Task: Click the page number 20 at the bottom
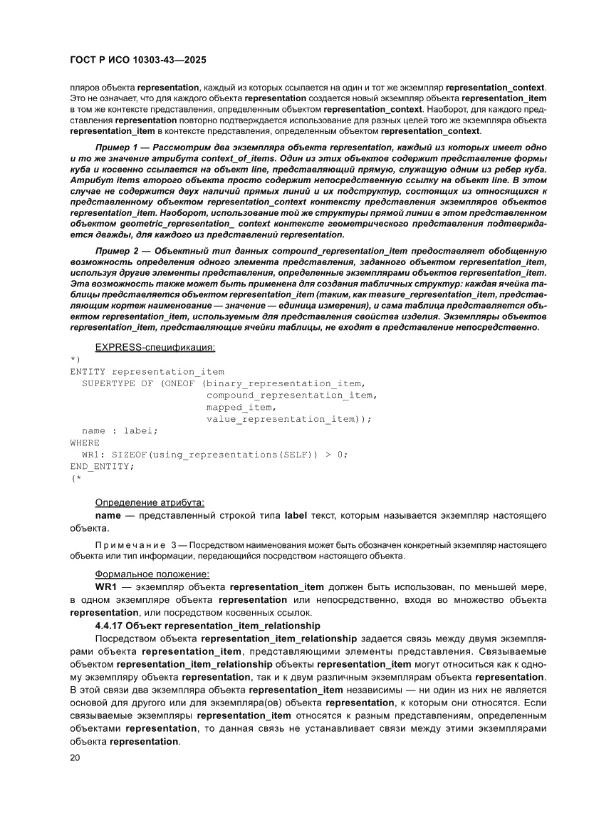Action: [x=75, y=757]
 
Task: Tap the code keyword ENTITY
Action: [x=88, y=371]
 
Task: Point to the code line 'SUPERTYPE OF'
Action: [x=118, y=383]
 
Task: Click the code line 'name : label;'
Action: [x=120, y=430]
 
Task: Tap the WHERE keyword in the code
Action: [x=85, y=443]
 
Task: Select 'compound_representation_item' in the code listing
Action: [x=291, y=395]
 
